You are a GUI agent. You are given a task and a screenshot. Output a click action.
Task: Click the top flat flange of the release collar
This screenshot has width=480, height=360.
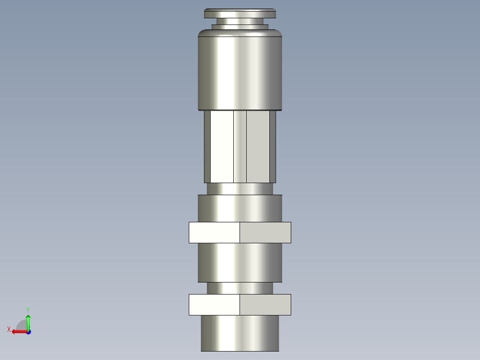pos(240,13)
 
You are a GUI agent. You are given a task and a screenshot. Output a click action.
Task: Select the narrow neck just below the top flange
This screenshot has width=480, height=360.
pos(240,21)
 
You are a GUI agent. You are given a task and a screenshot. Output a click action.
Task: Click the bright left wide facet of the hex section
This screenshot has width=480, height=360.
pos(222,147)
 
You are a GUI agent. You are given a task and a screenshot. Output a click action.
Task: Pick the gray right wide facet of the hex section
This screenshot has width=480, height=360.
pos(258,147)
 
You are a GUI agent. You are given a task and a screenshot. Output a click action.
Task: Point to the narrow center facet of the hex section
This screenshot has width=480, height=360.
pos(240,147)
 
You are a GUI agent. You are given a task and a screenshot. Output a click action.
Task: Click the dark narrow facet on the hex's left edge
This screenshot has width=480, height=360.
pos(207,147)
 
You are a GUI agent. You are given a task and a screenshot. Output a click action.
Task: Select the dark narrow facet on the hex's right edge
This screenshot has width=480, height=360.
pos(273,147)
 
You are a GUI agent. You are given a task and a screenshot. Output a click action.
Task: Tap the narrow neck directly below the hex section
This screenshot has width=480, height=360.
pos(240,189)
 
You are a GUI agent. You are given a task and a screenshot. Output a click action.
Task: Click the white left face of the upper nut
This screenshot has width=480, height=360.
pos(214,233)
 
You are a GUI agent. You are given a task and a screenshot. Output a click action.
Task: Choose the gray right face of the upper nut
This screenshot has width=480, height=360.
pos(265,233)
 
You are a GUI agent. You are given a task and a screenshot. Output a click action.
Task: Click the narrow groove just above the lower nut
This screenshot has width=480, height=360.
pos(240,288)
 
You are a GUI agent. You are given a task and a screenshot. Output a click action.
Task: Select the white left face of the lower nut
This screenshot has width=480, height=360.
pos(214,305)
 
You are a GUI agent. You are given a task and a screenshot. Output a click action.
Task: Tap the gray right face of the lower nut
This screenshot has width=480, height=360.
pos(265,305)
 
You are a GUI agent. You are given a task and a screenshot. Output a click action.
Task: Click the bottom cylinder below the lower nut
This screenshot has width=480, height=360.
pos(240,333)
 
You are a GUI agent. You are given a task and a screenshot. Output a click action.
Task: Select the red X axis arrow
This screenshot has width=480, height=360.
pos(18,331)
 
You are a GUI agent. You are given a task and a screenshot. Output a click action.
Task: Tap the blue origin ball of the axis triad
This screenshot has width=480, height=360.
pos(28,332)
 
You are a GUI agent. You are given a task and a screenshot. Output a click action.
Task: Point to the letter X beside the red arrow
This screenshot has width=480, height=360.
pos(9,329)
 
